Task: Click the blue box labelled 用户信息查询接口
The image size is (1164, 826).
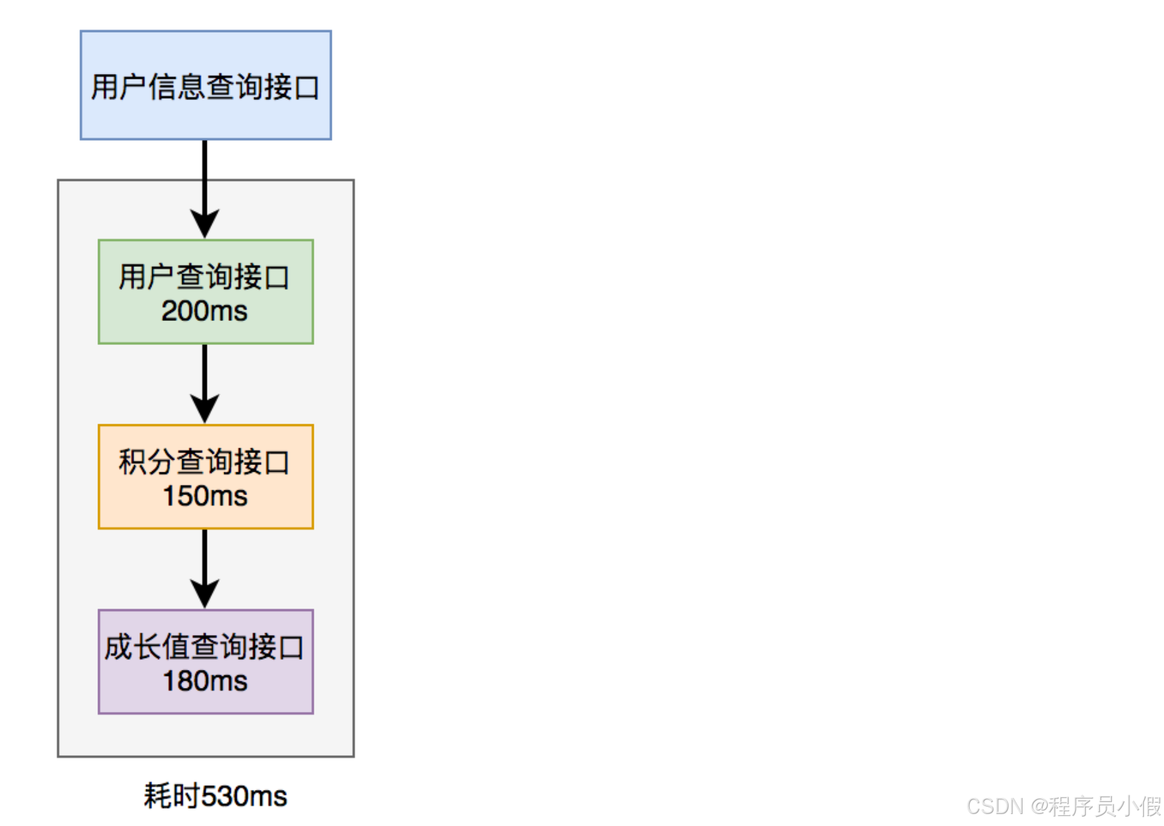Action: [206, 85]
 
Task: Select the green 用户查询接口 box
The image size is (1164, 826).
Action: [206, 292]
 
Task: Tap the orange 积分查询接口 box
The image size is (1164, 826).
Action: [206, 476]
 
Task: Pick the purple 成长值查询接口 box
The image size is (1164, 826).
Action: [206, 661]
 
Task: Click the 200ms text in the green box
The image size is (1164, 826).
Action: [204, 311]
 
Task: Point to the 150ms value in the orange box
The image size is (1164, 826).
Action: [205, 496]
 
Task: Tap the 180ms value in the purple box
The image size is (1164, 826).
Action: [205, 681]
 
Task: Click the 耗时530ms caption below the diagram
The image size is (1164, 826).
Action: [215, 796]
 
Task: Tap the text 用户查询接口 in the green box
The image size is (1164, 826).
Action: [204, 277]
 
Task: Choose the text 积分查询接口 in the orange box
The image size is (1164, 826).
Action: [204, 462]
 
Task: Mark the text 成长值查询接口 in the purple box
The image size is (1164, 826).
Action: [204, 647]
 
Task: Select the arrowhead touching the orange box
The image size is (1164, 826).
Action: [205, 409]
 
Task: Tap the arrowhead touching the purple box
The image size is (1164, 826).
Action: [205, 594]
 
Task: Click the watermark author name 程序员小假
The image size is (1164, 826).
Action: [1105, 806]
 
